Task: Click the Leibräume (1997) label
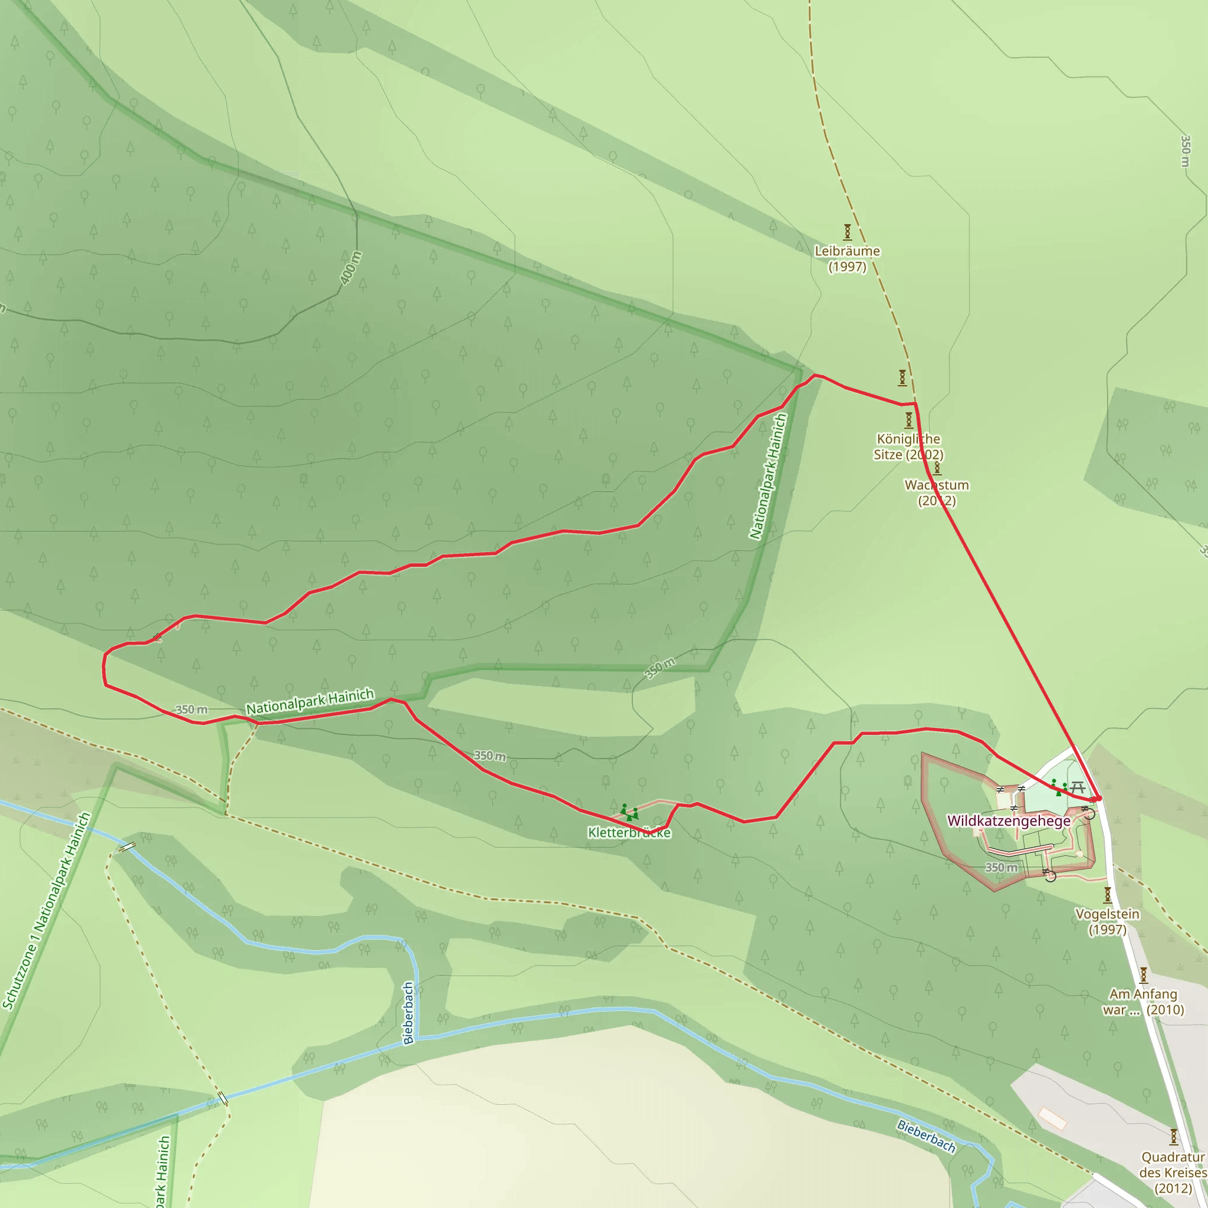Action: (847, 259)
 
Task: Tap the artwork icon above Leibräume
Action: (847, 232)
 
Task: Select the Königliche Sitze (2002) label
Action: (908, 447)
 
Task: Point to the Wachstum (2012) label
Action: (937, 493)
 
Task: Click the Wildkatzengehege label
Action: (1009, 821)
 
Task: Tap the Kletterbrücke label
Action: (629, 833)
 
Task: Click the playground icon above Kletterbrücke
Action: (629, 813)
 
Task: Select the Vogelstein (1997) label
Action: (1107, 922)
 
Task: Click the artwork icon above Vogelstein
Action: (1107, 895)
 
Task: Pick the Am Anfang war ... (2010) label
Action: (1143, 1002)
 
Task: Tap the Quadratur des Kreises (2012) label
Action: (1173, 1173)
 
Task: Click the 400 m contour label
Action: (352, 268)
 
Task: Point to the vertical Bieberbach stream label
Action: (408, 1013)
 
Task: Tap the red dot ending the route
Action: (1098, 799)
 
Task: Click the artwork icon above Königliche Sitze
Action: (909, 419)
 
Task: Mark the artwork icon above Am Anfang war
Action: (1143, 975)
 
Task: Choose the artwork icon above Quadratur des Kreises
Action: (1174, 1136)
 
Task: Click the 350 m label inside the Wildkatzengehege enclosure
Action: (1001, 867)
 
